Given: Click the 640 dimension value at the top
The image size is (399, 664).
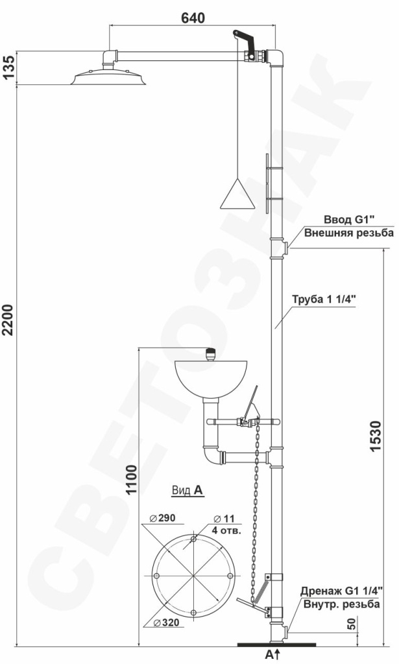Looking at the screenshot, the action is (193, 18).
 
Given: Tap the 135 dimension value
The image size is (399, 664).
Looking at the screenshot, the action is (9, 67).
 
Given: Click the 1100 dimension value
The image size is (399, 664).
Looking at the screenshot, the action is (132, 480).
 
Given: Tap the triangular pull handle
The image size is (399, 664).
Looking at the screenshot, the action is (237, 193).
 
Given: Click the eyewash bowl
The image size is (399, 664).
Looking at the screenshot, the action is (210, 379).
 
